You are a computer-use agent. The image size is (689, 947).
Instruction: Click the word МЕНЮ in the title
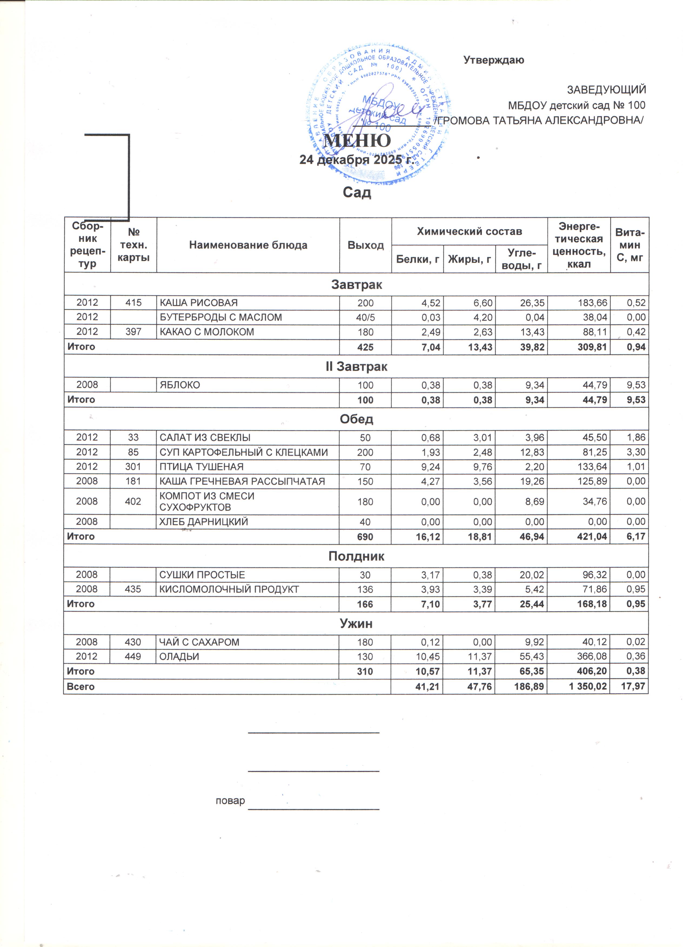point(357,141)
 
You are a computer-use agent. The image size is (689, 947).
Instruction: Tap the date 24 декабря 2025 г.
point(356,160)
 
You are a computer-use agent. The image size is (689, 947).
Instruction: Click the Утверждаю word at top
point(494,60)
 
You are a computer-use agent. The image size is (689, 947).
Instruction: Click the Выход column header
point(366,245)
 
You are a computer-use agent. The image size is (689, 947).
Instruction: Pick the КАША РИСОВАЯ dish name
point(199,303)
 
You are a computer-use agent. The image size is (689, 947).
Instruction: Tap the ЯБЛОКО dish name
point(180,385)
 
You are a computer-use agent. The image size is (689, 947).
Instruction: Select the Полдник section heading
point(356,556)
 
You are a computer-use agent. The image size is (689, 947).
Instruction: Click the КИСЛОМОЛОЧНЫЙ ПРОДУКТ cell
point(229,589)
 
